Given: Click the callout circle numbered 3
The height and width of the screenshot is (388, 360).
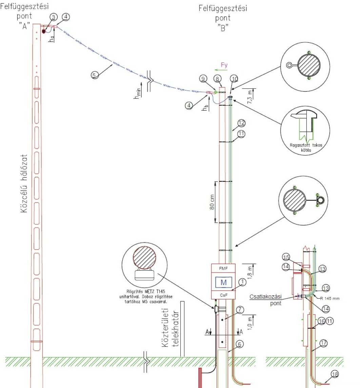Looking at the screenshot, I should point(54,17).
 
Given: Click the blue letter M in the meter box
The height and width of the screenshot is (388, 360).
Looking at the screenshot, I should point(223,282).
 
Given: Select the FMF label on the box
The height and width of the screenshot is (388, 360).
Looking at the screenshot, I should point(223,268).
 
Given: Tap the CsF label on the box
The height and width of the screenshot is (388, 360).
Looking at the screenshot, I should point(223,295).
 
